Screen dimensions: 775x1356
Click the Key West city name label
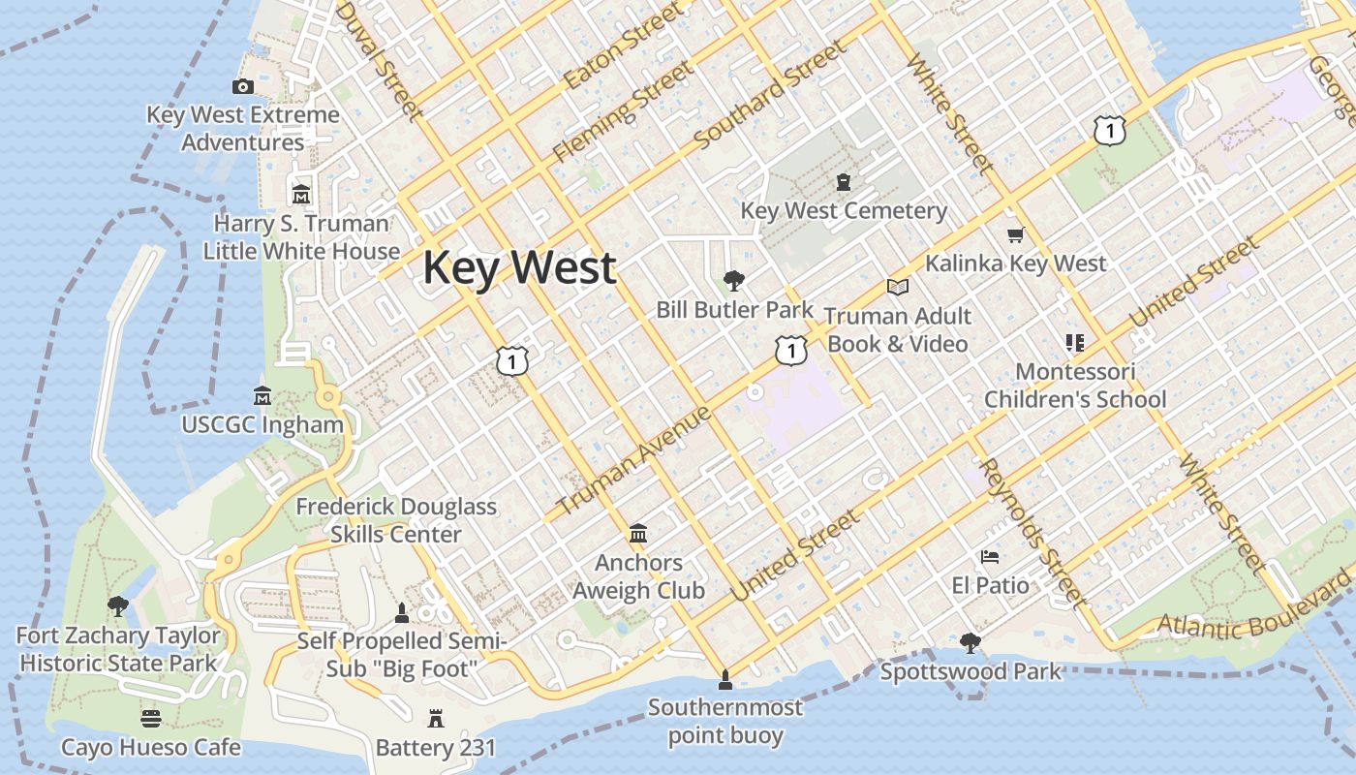(519, 267)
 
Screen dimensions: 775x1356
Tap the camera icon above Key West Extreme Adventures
(243, 87)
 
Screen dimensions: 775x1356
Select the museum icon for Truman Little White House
(301, 194)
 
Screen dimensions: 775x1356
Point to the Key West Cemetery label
(844, 210)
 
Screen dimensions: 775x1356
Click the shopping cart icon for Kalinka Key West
(1015, 234)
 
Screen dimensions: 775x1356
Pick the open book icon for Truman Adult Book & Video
(898, 287)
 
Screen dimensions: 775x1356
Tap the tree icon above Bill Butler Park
(734, 281)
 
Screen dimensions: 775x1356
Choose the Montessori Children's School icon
(1074, 342)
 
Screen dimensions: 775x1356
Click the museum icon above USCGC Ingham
(262, 396)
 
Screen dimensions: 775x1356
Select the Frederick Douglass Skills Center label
(396, 520)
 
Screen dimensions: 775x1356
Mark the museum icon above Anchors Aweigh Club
(638, 534)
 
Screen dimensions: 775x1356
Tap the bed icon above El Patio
(990, 557)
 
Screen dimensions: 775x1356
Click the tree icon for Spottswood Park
(970, 642)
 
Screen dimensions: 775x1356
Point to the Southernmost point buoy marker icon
(724, 679)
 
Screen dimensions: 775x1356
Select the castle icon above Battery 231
(435, 719)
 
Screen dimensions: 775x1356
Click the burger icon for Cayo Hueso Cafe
(151, 718)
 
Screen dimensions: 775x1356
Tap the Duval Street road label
(379, 60)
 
